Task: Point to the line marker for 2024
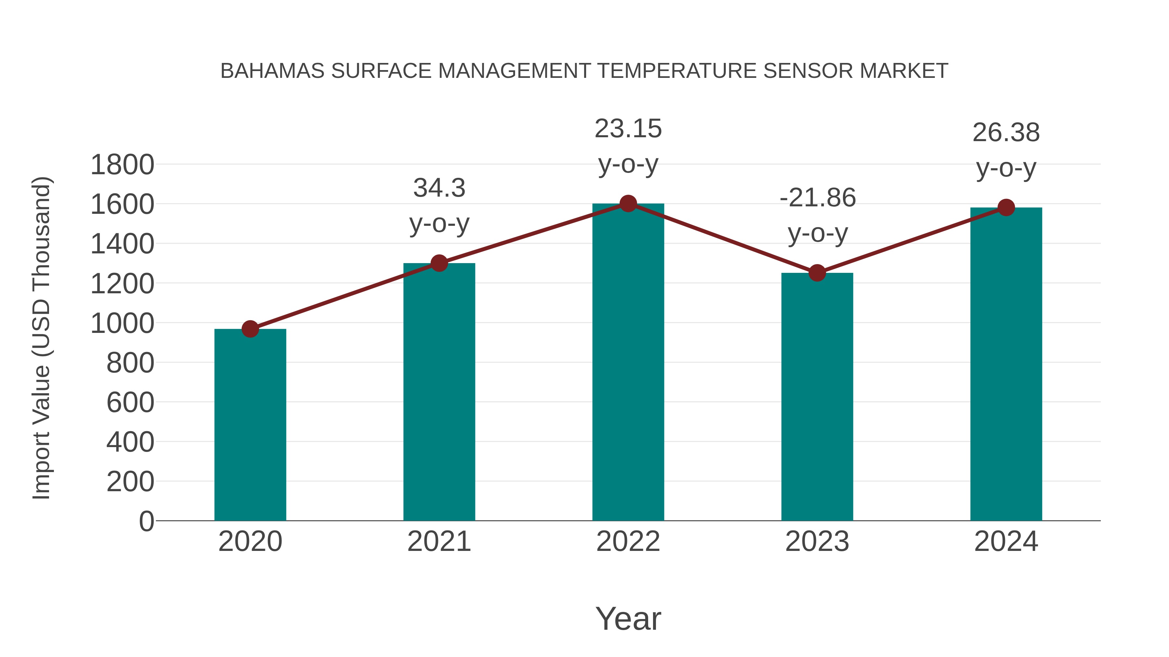1006,208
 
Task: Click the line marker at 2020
250,329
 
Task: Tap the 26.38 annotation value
1006,132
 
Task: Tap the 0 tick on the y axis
146,521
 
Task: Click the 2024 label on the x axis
1006,541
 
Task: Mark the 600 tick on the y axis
130,403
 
